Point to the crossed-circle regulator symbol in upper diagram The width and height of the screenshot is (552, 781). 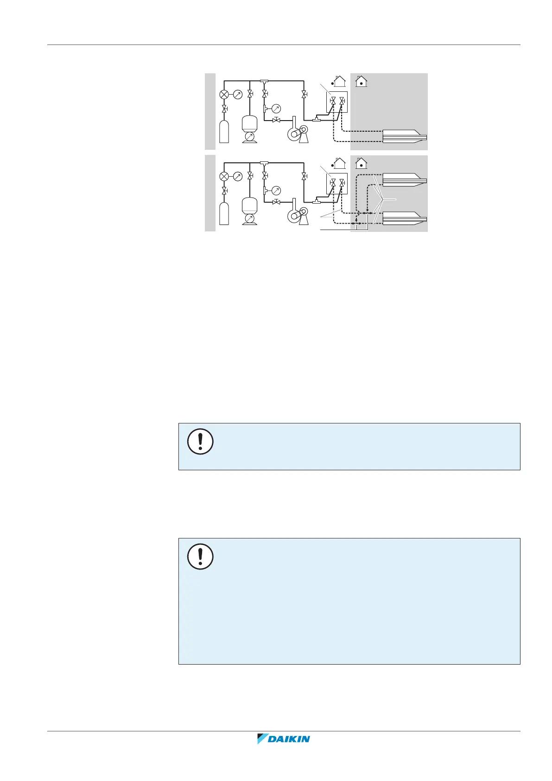[224, 95]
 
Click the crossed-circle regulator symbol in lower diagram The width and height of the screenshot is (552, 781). [224, 176]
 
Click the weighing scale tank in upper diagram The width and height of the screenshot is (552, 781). [250, 128]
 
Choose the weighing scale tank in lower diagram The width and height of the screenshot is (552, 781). [250, 211]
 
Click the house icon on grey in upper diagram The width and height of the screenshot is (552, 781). [361, 82]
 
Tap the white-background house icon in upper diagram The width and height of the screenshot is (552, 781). [339, 82]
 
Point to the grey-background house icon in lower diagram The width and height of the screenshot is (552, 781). [361, 163]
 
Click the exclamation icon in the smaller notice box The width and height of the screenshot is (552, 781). [200, 441]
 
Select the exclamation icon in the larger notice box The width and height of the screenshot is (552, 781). [200, 557]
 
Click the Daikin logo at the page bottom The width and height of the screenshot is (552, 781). [283, 739]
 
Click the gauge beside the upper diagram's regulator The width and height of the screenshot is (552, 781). [238, 95]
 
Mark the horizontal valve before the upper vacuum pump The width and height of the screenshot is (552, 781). [276, 120]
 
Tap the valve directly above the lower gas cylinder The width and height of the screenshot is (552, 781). [224, 191]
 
